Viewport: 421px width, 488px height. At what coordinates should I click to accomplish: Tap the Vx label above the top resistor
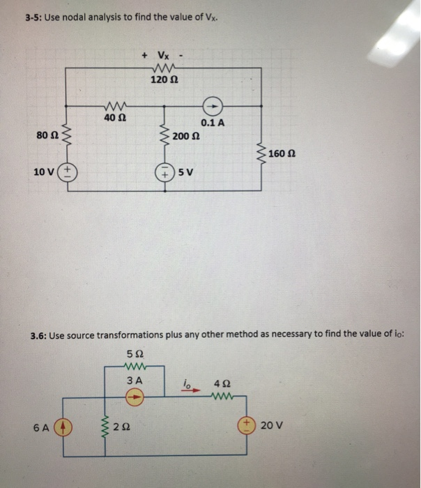coord(164,54)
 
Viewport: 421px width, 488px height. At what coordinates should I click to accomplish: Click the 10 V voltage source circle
coord(69,171)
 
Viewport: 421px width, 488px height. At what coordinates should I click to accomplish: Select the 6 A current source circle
coord(64,424)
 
